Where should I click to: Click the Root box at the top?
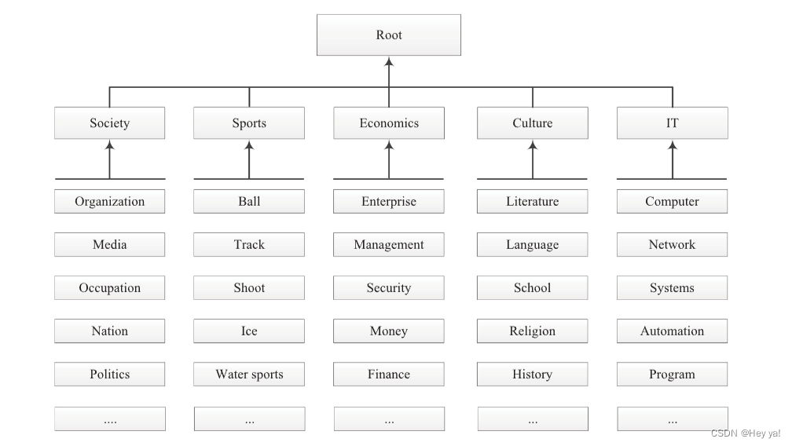click(x=388, y=35)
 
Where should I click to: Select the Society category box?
click(x=109, y=123)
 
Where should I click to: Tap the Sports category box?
click(x=249, y=123)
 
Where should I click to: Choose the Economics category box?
click(x=389, y=123)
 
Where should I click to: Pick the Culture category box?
click(x=532, y=123)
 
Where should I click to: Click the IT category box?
click(x=672, y=123)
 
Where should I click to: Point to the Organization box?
click(x=109, y=202)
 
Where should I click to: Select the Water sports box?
click(x=249, y=375)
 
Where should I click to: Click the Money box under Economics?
click(x=389, y=331)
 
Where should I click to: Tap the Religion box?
click(x=532, y=331)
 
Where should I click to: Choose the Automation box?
click(x=672, y=331)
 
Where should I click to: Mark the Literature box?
click(x=532, y=202)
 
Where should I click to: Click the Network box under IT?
click(x=672, y=245)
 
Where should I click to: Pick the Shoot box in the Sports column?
click(x=249, y=288)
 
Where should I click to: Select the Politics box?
click(x=109, y=375)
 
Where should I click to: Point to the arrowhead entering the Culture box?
click(x=533, y=145)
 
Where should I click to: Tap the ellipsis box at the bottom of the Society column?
click(x=109, y=419)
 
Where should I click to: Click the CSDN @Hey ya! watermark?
click(x=746, y=433)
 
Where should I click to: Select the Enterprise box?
click(x=389, y=202)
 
